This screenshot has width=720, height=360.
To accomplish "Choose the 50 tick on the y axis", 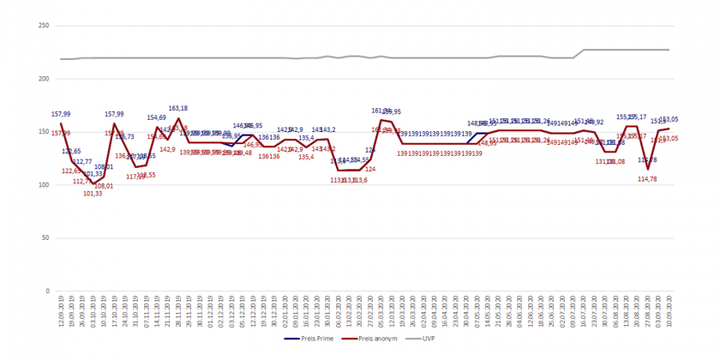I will click(42, 237).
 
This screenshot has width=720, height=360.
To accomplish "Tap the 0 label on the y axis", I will click(45, 291).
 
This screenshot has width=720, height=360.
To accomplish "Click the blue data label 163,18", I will click(178, 109).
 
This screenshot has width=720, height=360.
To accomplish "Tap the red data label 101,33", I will click(93, 194).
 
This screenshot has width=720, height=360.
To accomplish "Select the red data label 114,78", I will click(647, 179).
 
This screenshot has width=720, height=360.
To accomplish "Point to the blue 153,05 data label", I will click(669, 120).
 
